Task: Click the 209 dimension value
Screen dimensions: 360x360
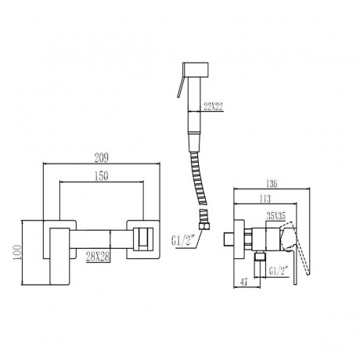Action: pyautogui.click(x=101, y=158)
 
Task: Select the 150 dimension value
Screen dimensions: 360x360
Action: pyautogui.click(x=101, y=177)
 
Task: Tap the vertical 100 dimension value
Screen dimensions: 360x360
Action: pyautogui.click(x=18, y=252)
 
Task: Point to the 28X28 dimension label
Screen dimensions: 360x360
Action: pyautogui.click(x=98, y=257)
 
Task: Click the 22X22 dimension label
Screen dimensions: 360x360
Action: pyautogui.click(x=214, y=107)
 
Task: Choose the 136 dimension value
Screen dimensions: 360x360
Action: pyautogui.click(x=272, y=184)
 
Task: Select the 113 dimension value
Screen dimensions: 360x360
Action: pyautogui.click(x=265, y=199)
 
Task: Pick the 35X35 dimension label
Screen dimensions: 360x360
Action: pyautogui.click(x=276, y=216)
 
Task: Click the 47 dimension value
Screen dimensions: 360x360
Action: pyautogui.click(x=243, y=282)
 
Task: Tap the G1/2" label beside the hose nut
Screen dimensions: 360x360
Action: pyautogui.click(x=182, y=241)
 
